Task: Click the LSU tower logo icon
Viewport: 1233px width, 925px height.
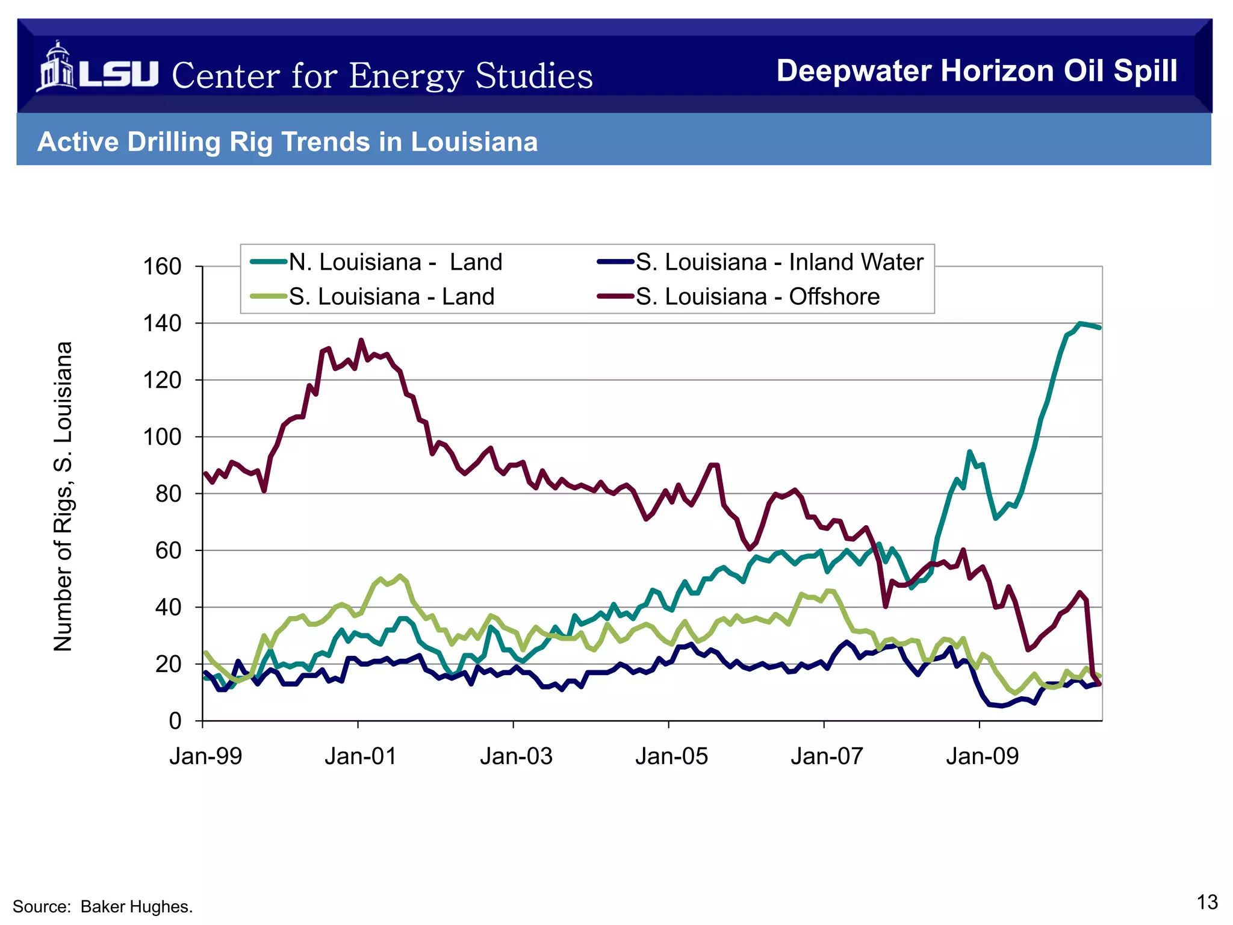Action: coord(57,67)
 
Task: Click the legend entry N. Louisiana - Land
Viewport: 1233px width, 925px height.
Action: coord(395,263)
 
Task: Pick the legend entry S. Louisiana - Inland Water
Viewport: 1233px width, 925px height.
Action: coord(779,263)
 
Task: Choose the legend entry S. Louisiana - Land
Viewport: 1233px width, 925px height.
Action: coord(391,297)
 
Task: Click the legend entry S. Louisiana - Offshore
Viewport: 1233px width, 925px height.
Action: coord(757,297)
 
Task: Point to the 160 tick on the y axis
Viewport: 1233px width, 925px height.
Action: coord(162,266)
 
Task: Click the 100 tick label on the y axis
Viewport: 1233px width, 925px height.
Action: coord(162,437)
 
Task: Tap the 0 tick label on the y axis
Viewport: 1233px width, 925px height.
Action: coord(175,721)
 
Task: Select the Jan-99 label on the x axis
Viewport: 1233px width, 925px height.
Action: coord(205,756)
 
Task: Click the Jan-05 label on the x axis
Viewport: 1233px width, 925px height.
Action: coord(671,756)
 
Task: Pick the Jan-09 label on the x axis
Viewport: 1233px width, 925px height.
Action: coord(982,756)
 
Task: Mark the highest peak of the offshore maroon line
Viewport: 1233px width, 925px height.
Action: coord(361,340)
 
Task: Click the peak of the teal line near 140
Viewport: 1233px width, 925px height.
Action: coord(1079,323)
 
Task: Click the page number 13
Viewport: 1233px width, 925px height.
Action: coord(1207,902)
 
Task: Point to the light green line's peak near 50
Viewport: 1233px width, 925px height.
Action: coord(400,576)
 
